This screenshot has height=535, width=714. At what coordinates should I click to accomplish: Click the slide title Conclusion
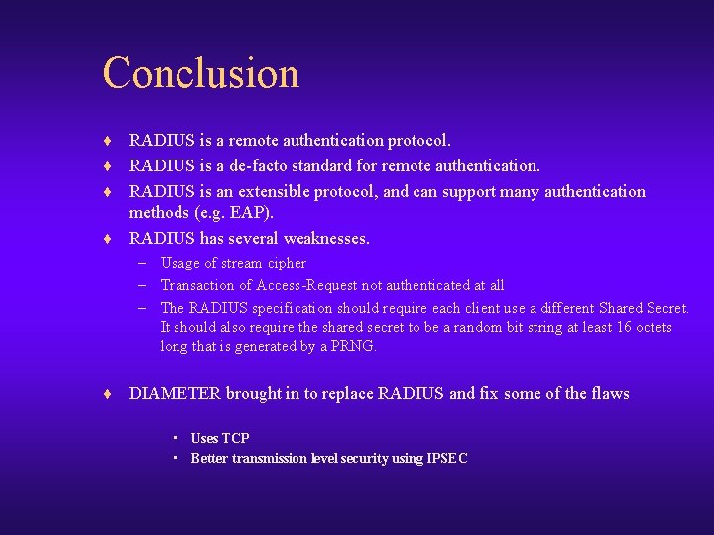[200, 73]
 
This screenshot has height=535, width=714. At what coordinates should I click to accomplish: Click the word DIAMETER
[175, 394]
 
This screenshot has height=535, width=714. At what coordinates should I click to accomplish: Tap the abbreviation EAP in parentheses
[253, 213]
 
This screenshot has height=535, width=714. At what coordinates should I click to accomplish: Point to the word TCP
[236, 438]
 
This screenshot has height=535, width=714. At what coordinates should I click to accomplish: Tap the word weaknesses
[325, 238]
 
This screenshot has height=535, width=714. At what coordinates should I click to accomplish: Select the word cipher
[284, 263]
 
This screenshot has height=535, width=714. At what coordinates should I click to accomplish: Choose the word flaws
[610, 394]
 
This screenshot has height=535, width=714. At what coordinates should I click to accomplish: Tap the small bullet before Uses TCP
[175, 438]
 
